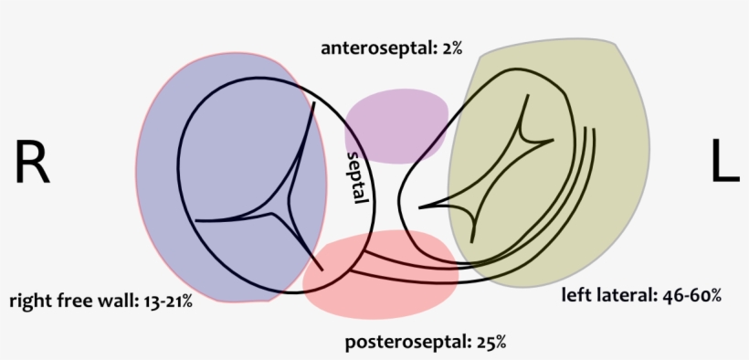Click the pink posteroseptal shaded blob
pyautogui.click(x=384, y=274)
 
